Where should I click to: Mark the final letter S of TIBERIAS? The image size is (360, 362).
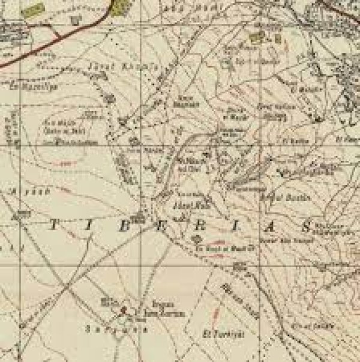pyautogui.click(x=305, y=227)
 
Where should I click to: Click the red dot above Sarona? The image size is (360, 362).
pyautogui.click(x=124, y=310)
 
